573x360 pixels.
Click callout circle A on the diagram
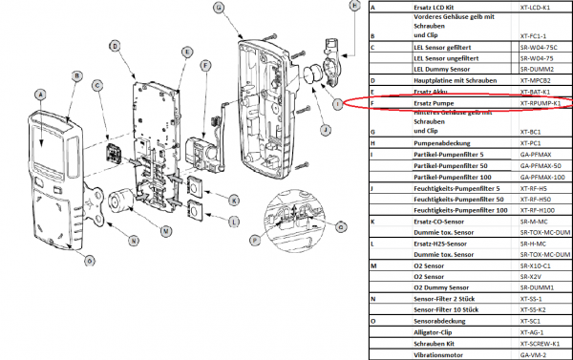pyautogui.click(x=39, y=95)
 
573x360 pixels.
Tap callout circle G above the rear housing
pyautogui.click(x=219, y=8)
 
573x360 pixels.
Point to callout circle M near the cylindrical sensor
pyautogui.click(x=165, y=231)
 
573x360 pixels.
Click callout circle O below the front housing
pyautogui.click(x=90, y=260)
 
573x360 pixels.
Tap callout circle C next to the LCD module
pyautogui.click(x=97, y=86)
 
